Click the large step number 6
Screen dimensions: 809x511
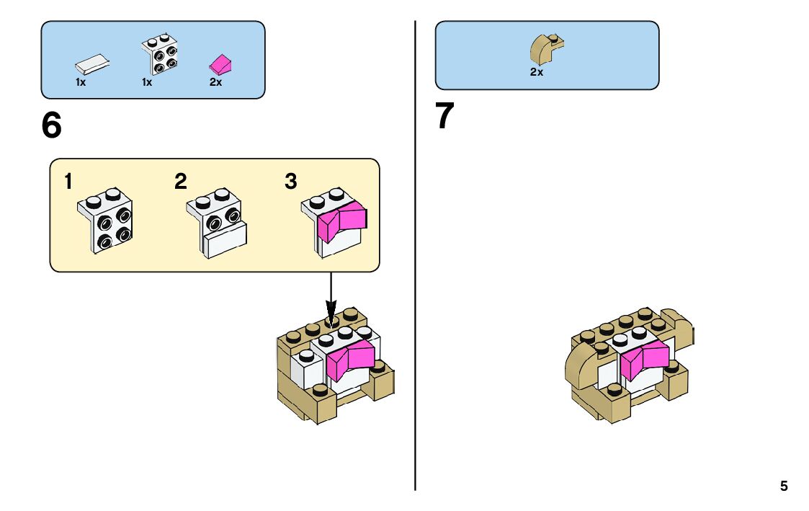(52, 126)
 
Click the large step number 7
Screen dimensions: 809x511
(445, 117)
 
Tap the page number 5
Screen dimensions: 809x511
(784, 486)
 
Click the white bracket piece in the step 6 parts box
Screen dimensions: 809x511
(160, 54)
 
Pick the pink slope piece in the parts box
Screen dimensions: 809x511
(220, 64)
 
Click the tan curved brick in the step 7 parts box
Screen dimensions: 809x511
(546, 49)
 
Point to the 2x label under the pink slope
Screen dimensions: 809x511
(215, 82)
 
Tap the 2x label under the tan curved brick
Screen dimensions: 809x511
(536, 72)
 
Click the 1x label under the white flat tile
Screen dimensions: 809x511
(81, 82)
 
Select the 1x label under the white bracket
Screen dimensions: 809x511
(147, 82)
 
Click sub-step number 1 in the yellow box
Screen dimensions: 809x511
(68, 182)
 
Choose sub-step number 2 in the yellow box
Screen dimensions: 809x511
(180, 182)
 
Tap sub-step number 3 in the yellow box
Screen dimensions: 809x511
(290, 182)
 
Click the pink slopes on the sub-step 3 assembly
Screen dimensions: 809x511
(343, 220)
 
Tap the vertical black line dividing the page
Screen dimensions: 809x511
(416, 288)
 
